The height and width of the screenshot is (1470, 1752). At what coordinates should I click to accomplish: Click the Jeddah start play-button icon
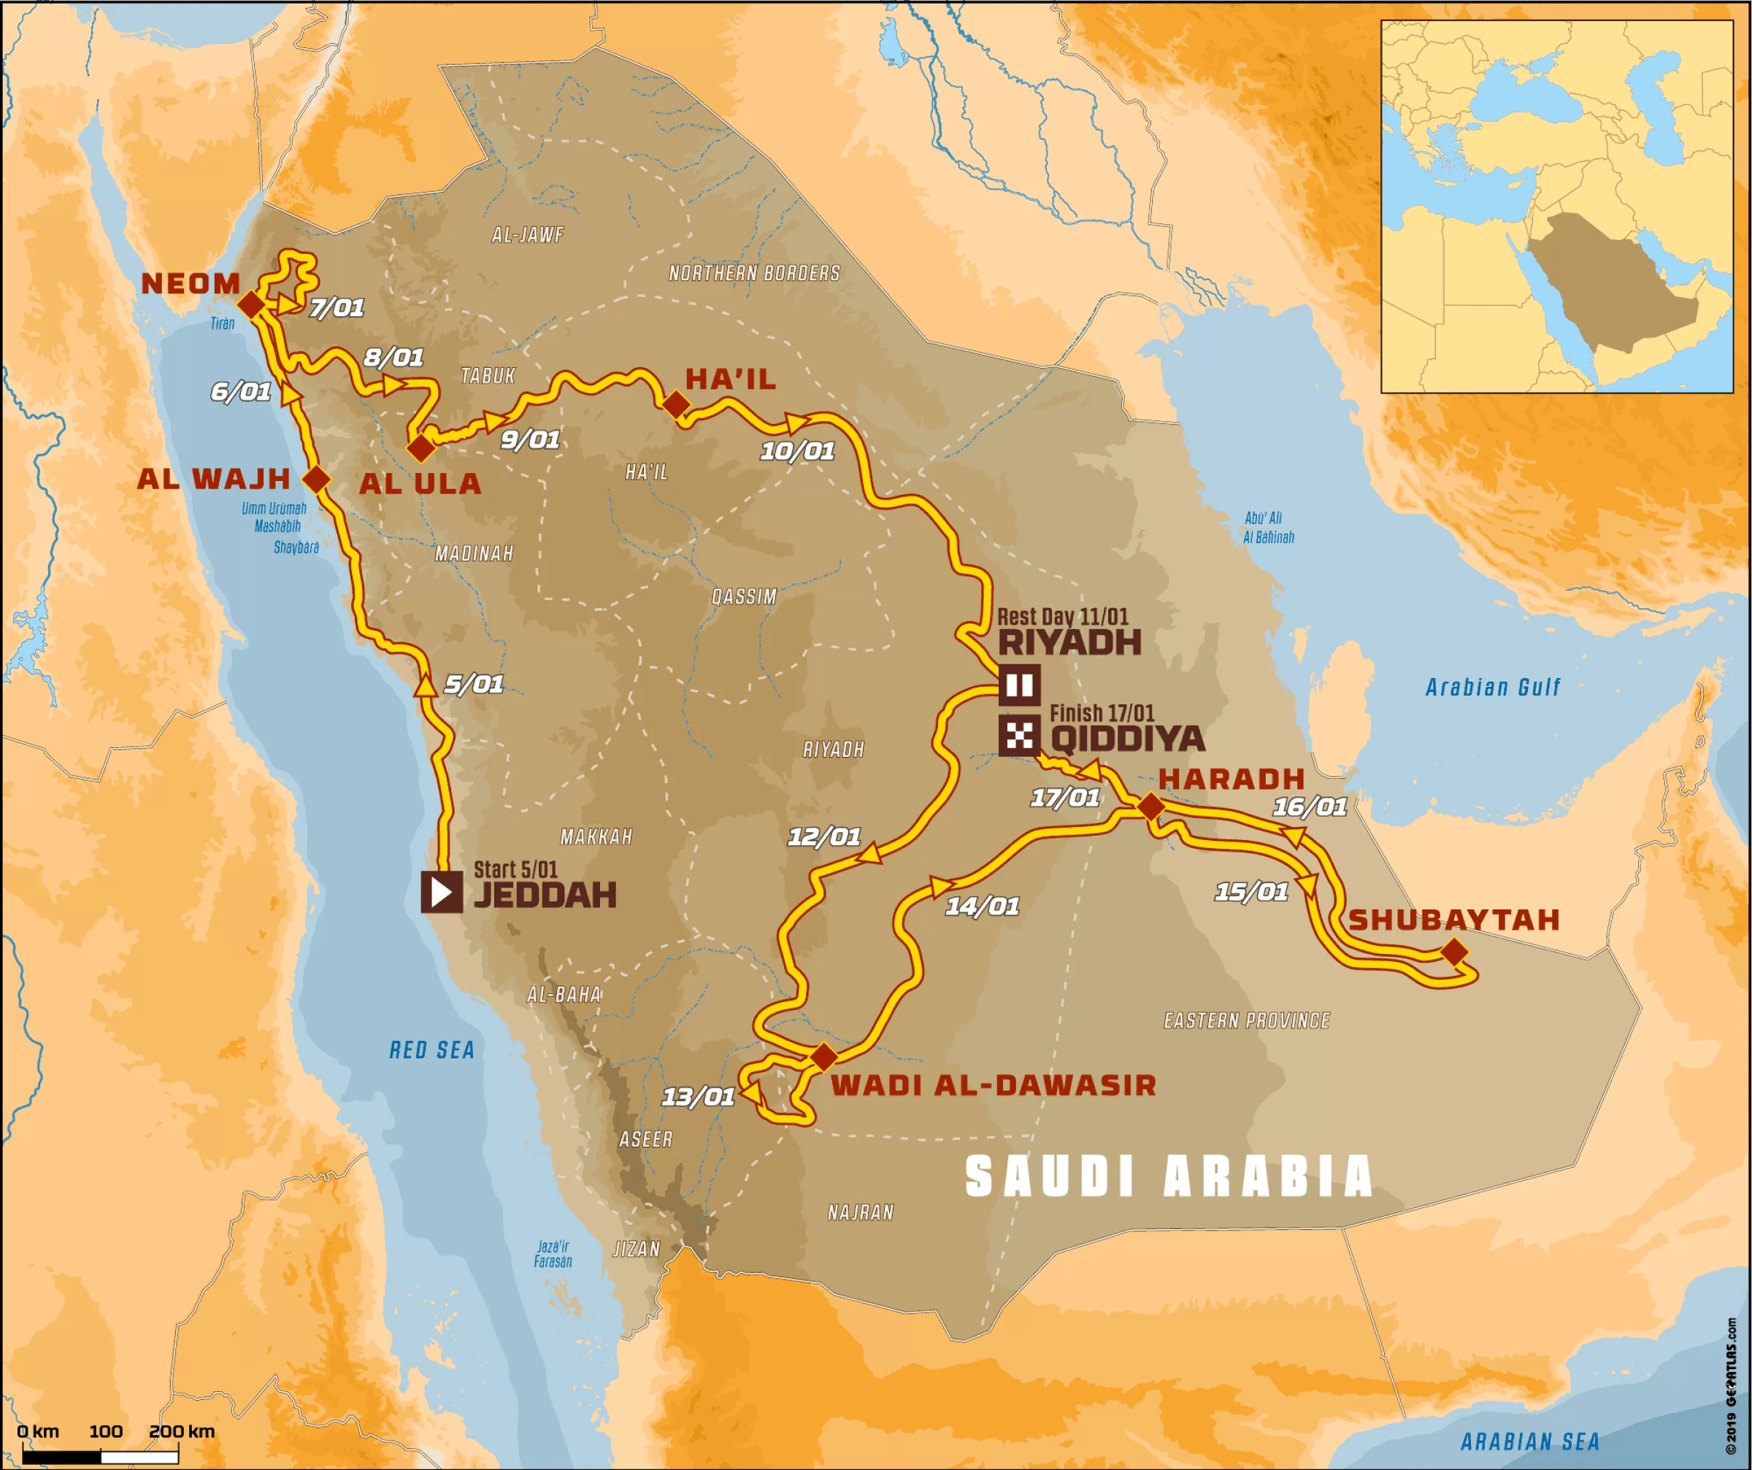click(442, 892)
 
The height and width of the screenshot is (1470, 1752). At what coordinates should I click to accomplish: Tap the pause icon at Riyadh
click(1018, 685)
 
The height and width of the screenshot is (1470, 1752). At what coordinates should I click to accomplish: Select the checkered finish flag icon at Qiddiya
click(1018, 735)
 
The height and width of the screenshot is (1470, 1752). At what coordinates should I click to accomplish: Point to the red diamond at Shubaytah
click(1454, 952)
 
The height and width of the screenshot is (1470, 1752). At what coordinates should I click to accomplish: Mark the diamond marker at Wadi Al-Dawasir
click(823, 1057)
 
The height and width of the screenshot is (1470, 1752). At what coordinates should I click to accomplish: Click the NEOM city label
click(191, 284)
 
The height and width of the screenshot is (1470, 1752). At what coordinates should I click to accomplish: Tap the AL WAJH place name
click(214, 479)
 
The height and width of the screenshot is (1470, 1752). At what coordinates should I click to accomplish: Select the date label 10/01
click(796, 451)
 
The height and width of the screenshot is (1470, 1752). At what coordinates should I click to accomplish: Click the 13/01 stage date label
click(699, 1097)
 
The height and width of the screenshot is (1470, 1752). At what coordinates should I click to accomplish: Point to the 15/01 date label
click(1251, 892)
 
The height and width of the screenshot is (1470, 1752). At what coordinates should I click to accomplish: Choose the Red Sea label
click(431, 1050)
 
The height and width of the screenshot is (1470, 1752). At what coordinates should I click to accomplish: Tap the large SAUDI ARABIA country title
click(1168, 1177)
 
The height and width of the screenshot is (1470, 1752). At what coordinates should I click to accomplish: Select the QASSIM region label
click(743, 596)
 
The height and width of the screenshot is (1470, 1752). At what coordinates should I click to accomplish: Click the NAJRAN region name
click(860, 1212)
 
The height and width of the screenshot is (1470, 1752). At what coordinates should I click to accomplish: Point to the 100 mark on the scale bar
click(106, 1431)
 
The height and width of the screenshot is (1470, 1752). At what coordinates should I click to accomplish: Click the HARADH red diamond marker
click(1151, 807)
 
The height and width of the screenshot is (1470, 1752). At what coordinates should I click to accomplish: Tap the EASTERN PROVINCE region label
click(1246, 1020)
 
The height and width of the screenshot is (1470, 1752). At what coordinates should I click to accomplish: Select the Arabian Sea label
click(1530, 1441)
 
